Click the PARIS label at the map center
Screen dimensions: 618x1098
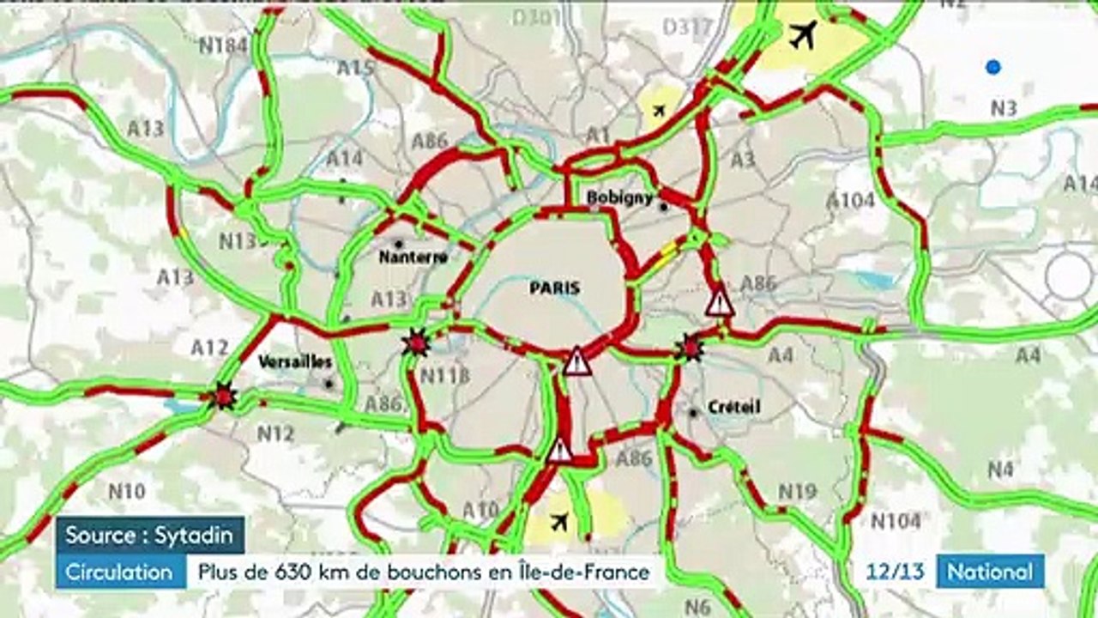[553, 288]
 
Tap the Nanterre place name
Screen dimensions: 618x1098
[413, 257]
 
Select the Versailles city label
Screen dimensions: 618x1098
[295, 362]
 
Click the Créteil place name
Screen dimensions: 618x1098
[735, 406]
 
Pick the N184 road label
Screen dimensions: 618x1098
[223, 45]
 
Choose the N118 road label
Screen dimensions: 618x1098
[445, 375]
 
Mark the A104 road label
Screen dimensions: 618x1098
[850, 200]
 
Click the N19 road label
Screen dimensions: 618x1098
[797, 492]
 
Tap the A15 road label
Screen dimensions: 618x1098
[356, 69]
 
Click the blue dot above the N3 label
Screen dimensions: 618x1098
[993, 67]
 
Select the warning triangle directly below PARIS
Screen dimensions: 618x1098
[577, 361]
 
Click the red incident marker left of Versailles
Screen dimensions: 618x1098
[224, 396]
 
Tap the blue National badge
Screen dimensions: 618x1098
[990, 572]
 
